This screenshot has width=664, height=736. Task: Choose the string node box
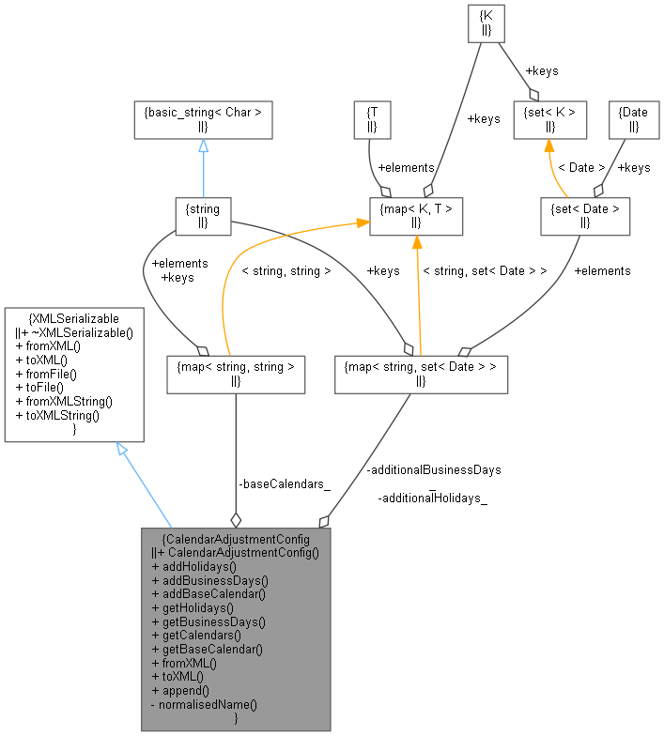click(x=203, y=216)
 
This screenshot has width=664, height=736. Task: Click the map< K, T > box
click(x=417, y=216)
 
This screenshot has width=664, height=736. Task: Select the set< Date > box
click(x=583, y=216)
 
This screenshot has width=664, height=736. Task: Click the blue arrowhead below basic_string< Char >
click(x=203, y=146)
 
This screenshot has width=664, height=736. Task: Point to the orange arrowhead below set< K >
click(x=549, y=146)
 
